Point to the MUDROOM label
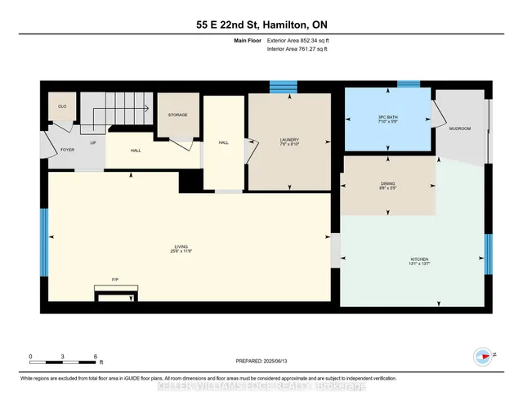point(460,128)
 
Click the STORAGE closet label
point(177,115)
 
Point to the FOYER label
point(56,151)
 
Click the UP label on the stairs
point(92,142)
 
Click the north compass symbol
point(483,356)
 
